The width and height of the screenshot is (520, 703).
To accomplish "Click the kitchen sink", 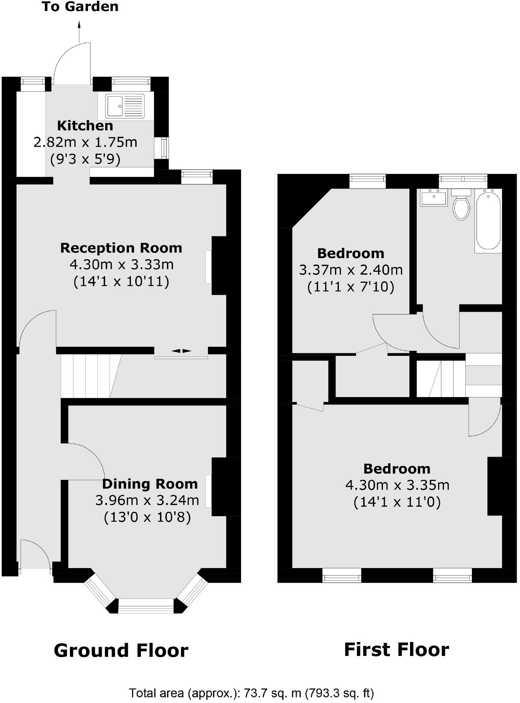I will (x=125, y=106).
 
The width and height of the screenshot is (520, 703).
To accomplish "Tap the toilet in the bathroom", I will (x=461, y=207).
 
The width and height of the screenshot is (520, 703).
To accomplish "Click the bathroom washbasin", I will (x=434, y=199).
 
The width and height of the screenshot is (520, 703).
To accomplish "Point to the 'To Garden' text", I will (x=80, y=7).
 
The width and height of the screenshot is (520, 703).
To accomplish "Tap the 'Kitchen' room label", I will (x=85, y=126).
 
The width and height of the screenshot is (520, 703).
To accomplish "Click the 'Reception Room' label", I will (x=121, y=248).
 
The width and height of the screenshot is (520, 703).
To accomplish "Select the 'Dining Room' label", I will (x=150, y=484).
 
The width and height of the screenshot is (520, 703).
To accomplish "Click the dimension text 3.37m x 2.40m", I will (x=351, y=270).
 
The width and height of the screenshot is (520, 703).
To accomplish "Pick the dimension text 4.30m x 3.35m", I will (x=397, y=485).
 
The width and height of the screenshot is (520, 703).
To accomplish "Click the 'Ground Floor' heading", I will (x=121, y=651).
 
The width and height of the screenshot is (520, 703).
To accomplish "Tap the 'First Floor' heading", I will (x=396, y=650).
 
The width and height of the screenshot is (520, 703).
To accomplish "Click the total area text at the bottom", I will (x=251, y=693).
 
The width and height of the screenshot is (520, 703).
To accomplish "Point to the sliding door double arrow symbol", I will (x=181, y=351).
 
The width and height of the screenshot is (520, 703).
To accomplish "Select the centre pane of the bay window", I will (x=146, y=606).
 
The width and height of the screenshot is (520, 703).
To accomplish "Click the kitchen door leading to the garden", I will (x=72, y=63).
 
